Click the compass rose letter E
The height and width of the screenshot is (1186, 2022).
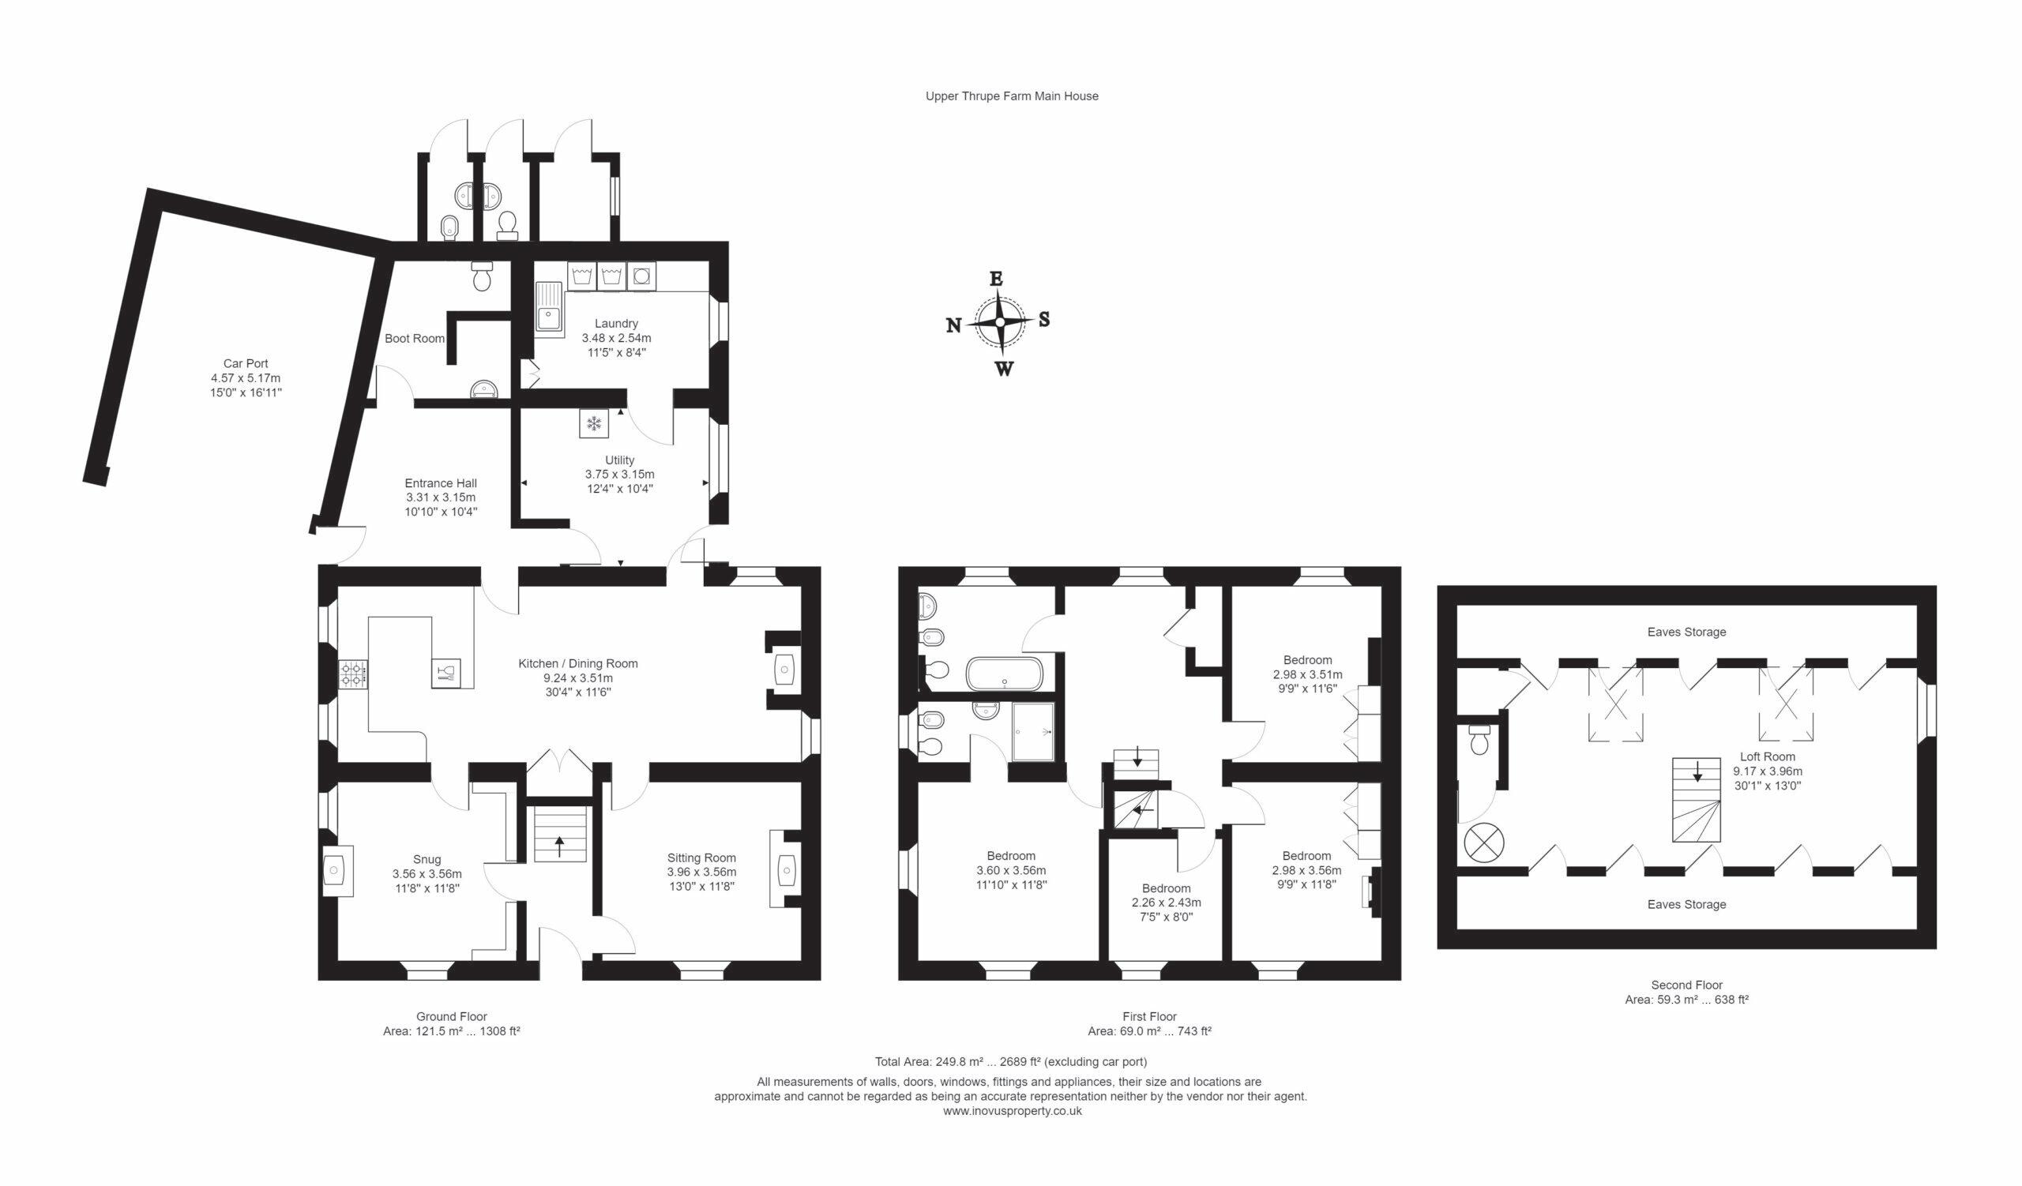tap(996, 278)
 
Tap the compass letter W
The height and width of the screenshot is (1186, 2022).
tap(1004, 369)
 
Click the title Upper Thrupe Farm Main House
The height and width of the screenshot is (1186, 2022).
tap(1012, 96)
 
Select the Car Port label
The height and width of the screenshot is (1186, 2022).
tap(246, 364)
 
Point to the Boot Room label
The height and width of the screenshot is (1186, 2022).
tap(414, 339)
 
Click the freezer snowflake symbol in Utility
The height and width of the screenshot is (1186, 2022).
tap(594, 423)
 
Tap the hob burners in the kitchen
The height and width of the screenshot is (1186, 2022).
tap(353, 674)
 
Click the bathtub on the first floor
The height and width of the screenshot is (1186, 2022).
tap(1005, 674)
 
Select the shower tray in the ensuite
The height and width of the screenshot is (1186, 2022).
tap(1032, 731)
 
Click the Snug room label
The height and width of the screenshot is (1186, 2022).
tap(427, 860)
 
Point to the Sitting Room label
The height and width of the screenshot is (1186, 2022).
tap(701, 858)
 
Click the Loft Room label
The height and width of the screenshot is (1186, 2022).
tap(1768, 756)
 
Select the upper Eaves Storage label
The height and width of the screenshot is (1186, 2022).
tap(1686, 632)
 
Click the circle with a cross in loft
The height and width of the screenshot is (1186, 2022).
tap(1483, 843)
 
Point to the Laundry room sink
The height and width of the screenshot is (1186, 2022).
tap(550, 309)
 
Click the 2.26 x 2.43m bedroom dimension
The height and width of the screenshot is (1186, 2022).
tap(1166, 903)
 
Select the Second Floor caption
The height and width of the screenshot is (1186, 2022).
tap(1686, 985)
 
